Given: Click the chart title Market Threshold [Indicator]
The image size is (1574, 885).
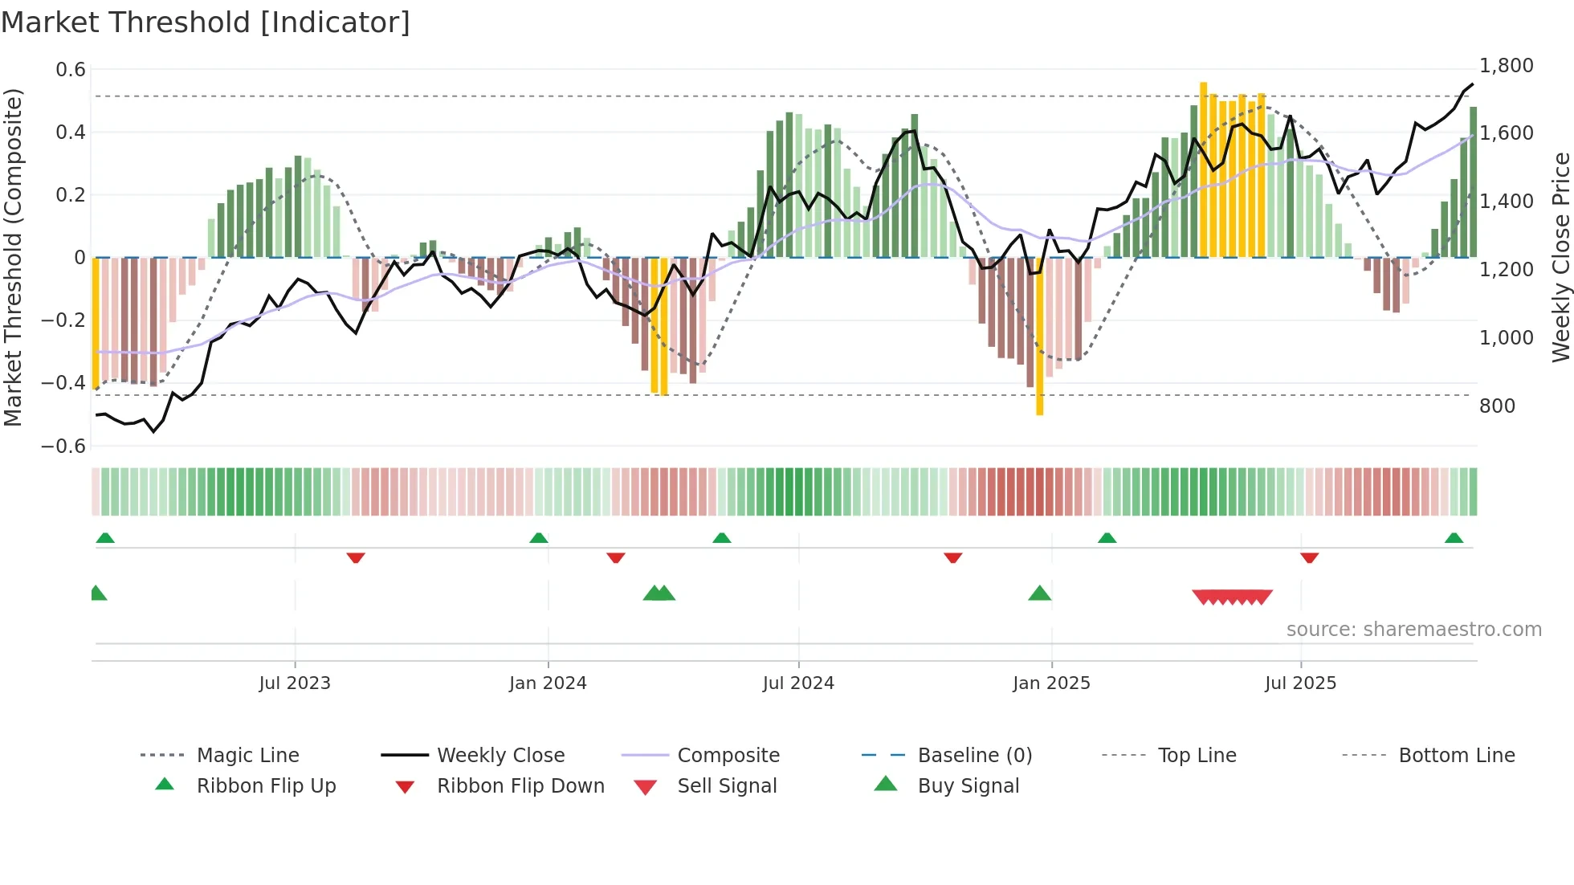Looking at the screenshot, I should [x=206, y=22].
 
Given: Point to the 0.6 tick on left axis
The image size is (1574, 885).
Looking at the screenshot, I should [x=71, y=70].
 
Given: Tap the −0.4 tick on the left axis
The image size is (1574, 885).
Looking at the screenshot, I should [x=63, y=383].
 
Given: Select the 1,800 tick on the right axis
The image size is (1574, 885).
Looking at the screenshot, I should [x=1506, y=66].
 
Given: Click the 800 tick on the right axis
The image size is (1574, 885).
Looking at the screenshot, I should [x=1497, y=406].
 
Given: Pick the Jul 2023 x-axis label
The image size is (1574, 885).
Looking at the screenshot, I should [x=295, y=683].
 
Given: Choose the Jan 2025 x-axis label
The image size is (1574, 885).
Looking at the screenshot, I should [x=1051, y=683].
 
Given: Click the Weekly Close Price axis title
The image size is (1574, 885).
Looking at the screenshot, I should [x=1560, y=257].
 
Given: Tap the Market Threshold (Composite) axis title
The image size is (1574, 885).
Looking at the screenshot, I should [x=13, y=257].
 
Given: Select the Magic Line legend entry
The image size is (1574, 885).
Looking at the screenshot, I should [x=247, y=756].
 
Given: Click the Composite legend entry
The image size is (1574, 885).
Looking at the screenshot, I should [x=728, y=756].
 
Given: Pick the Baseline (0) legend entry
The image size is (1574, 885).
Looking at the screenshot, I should [x=974, y=756].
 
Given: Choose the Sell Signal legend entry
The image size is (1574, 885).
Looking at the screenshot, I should [x=727, y=786].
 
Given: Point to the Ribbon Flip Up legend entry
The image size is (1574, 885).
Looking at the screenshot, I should [x=266, y=786].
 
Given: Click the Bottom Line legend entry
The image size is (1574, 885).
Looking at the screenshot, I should [x=1456, y=756].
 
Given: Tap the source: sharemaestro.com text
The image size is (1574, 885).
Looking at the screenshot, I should [x=1413, y=630].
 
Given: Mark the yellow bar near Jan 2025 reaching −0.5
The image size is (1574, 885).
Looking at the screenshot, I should [x=1040, y=337].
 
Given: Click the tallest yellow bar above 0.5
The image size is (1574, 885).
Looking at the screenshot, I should [x=1203, y=169].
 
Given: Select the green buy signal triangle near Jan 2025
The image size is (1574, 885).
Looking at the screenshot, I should [x=1040, y=594].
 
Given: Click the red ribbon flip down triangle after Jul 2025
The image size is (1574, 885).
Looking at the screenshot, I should [x=1309, y=557].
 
